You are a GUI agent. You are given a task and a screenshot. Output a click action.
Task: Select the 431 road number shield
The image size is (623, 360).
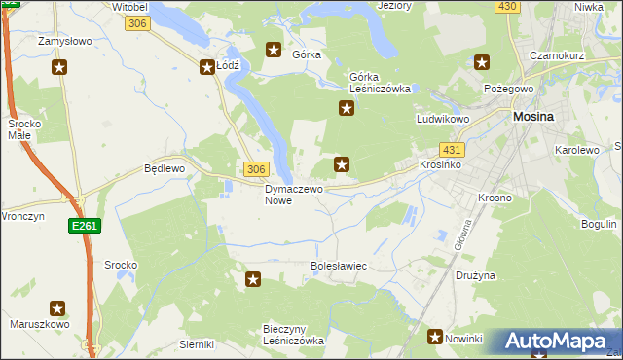(452, 150)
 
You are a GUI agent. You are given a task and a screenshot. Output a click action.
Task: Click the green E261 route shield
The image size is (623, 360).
(83, 226)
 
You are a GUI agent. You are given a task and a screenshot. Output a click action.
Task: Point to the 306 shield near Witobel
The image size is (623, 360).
(138, 23)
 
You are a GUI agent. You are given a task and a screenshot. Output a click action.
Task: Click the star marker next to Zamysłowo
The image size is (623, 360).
(60, 67)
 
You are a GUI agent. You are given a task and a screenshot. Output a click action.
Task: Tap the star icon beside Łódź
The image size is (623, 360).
(207, 67)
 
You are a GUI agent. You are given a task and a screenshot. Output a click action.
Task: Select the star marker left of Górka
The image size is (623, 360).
(274, 50)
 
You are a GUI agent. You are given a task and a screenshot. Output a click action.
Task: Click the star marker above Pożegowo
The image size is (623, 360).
(481, 63)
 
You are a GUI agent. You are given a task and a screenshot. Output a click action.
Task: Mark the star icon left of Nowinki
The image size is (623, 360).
(435, 337)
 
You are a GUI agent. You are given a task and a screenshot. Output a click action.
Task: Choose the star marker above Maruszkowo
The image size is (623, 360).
(57, 308)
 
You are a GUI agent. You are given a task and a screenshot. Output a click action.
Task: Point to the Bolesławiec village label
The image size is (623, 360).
(338, 265)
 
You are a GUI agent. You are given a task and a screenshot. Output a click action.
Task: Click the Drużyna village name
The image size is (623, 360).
(475, 275)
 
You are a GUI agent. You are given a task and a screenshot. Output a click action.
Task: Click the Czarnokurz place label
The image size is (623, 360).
(556, 55)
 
